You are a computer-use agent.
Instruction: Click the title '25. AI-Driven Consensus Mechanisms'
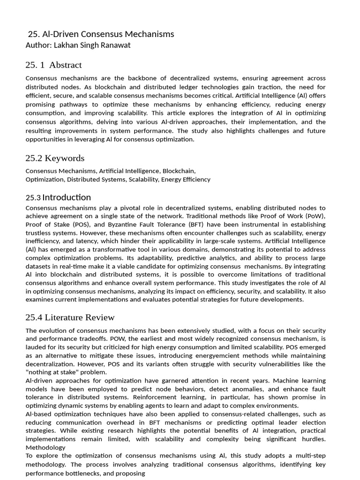(101, 34)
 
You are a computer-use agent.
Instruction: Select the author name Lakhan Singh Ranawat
(78, 45)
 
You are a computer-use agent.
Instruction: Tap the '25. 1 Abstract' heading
(53, 65)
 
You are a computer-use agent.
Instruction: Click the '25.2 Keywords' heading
(55, 158)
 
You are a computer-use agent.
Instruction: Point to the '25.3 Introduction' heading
(58, 197)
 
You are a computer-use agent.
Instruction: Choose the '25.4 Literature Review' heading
(70, 318)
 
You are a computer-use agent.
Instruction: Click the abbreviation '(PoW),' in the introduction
(314, 216)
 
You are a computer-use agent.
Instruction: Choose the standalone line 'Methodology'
(45, 448)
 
